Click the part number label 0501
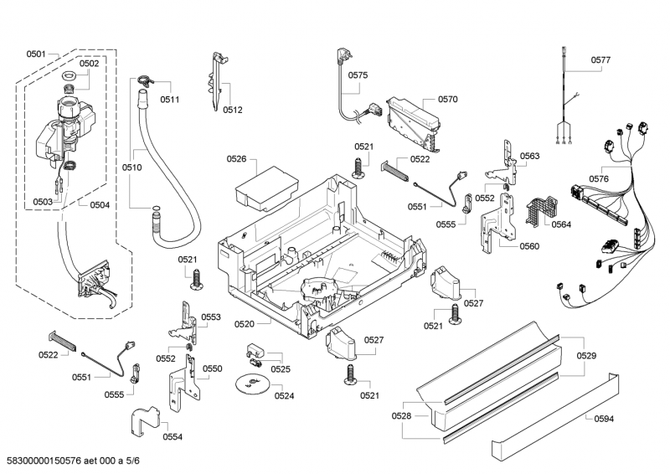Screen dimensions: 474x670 (x=36, y=54)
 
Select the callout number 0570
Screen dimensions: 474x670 (x=447, y=99)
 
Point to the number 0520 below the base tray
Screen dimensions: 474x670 (x=245, y=322)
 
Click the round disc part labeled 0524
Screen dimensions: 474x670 (x=250, y=384)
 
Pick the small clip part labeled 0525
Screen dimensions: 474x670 (x=255, y=351)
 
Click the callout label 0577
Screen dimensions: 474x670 (x=600, y=60)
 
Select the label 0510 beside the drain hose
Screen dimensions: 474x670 (x=131, y=167)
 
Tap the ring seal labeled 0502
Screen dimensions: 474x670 (x=70, y=77)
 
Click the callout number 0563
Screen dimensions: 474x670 (x=529, y=156)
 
